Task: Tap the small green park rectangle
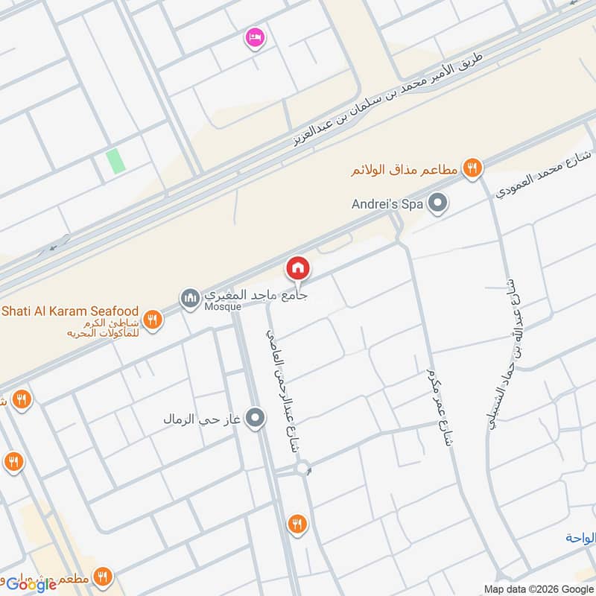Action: pyautogui.click(x=115, y=161)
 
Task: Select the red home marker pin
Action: pyautogui.click(x=298, y=268)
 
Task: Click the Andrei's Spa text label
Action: pyautogui.click(x=387, y=203)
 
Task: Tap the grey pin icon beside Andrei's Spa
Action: pyautogui.click(x=439, y=203)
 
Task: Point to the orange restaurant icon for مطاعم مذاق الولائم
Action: pyautogui.click(x=471, y=169)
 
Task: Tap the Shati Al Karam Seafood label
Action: pyautogui.click(x=71, y=310)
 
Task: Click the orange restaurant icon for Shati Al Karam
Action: pyautogui.click(x=152, y=320)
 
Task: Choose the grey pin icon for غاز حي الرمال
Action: pyautogui.click(x=256, y=419)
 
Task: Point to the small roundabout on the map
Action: pyautogui.click(x=302, y=469)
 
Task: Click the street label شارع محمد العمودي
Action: pyautogui.click(x=543, y=176)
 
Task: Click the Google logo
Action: pyautogui.click(x=31, y=584)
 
